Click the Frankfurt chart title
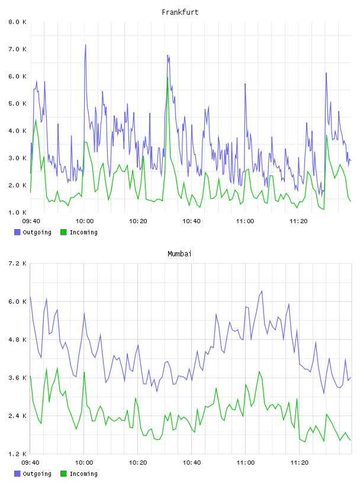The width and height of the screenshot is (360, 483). (x=180, y=12)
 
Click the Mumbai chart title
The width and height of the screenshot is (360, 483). (x=179, y=254)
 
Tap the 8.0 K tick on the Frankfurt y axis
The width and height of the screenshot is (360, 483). (x=17, y=22)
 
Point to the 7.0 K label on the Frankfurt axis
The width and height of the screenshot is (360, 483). (x=17, y=49)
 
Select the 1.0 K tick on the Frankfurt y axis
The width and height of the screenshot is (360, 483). (x=17, y=212)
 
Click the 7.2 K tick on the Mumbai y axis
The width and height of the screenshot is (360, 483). (x=17, y=263)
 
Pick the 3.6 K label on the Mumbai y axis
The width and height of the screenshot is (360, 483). (x=17, y=378)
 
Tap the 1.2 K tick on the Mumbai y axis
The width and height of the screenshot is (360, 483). (x=17, y=454)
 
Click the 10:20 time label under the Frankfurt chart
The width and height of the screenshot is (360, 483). (x=138, y=221)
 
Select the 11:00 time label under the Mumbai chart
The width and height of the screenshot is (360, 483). (x=245, y=463)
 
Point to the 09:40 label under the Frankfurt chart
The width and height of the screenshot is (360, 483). (x=31, y=221)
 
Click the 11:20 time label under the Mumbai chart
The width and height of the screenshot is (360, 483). (x=299, y=463)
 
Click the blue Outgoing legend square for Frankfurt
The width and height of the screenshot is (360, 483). (x=17, y=232)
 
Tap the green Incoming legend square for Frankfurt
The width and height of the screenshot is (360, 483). (x=63, y=232)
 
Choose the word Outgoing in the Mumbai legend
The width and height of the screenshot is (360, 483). (x=37, y=474)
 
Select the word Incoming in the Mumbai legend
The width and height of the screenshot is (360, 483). (x=83, y=474)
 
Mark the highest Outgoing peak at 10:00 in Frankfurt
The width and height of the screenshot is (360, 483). (x=86, y=45)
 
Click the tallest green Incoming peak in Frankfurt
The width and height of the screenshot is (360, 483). (x=168, y=78)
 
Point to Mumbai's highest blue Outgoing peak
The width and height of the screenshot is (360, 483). (x=262, y=291)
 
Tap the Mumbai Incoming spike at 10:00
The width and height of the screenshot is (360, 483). (x=84, y=372)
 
